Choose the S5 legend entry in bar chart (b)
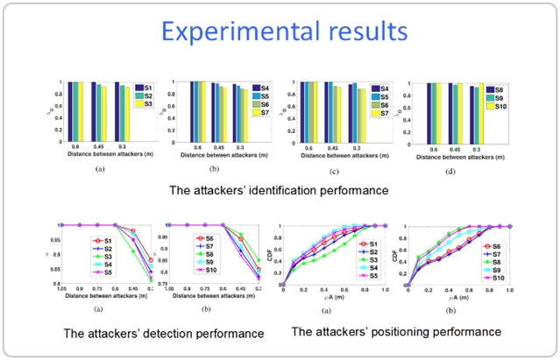pos(264,96)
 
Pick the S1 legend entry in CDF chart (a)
pos(372,244)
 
